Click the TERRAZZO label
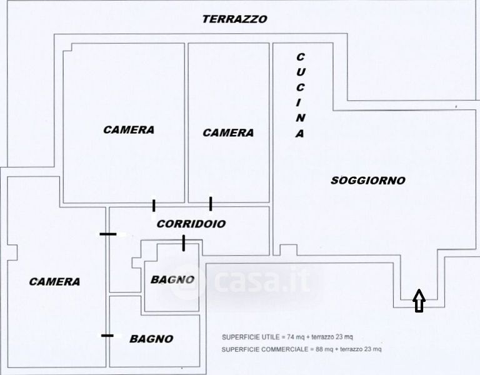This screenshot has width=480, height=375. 234,19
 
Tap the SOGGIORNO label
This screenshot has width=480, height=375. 368,180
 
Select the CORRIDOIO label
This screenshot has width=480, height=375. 191,224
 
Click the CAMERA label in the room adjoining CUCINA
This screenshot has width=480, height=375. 228,132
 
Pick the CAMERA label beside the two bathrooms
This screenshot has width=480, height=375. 54,281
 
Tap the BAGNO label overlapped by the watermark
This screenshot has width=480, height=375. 172,279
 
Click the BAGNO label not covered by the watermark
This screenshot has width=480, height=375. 151,339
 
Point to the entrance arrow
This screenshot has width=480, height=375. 419,300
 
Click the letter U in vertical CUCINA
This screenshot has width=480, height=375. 300,72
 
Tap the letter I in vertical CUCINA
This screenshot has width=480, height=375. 299,103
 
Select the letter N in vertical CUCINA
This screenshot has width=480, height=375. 300,118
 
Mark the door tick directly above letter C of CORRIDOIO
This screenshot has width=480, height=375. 154,206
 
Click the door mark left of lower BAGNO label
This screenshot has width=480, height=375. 107,336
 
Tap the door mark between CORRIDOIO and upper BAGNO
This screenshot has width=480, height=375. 183,243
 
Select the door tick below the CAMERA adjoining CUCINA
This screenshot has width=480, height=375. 211,204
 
